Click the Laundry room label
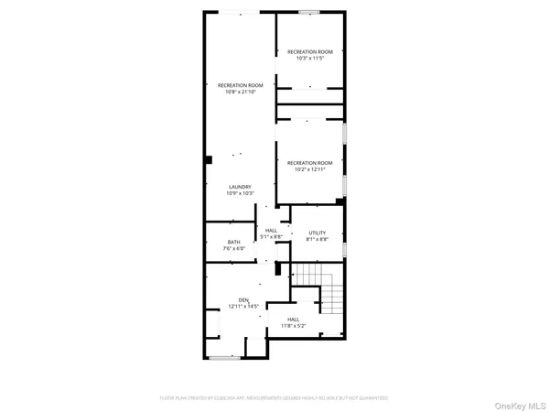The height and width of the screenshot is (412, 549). click(x=240, y=187)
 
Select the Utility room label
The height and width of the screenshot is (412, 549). click(x=318, y=233)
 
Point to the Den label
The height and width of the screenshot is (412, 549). click(x=243, y=299)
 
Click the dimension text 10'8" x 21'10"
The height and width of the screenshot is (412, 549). click(x=240, y=92)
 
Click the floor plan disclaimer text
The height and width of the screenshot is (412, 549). click(x=274, y=397)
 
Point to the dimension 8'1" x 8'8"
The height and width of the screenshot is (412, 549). click(x=318, y=240)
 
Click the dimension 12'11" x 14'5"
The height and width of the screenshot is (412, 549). click(x=243, y=306)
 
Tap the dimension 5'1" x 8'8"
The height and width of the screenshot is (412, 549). click(x=272, y=237)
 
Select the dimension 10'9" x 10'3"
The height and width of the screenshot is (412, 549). click(x=240, y=194)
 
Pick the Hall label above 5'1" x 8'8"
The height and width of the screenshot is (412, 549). click(x=272, y=230)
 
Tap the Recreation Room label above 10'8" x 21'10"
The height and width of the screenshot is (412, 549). click(x=240, y=85)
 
